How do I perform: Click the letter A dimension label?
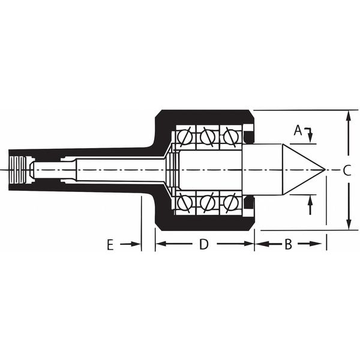298,130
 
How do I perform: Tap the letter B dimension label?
288,244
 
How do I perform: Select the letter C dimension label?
347,170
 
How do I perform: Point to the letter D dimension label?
204,244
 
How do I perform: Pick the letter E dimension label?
110,244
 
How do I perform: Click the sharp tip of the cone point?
325,170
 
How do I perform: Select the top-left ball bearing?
184,137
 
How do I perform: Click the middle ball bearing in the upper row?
206,137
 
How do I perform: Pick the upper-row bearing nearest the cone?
229,137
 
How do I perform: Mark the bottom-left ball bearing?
184,202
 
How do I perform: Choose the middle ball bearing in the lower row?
206,202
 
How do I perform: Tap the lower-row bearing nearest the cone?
229,202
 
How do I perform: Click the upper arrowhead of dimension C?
349,115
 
